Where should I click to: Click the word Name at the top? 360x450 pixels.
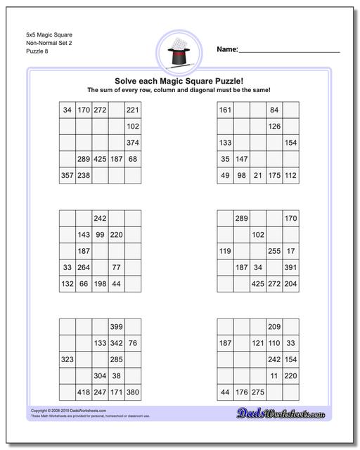tap(226, 49)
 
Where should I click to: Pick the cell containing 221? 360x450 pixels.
tap(132, 110)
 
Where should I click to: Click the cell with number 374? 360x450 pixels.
tap(132, 143)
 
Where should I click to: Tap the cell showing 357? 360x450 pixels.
tap(67, 175)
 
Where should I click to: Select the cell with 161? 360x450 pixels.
tap(225, 110)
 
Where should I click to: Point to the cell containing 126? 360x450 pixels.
tap(274, 127)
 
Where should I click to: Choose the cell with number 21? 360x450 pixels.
tap(257, 175)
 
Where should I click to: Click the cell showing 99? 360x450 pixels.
tap(100, 235)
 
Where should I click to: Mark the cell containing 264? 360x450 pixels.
tap(83, 267)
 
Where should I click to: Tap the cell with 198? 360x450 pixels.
tap(100, 283)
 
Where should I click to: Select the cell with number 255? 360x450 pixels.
tap(274, 251)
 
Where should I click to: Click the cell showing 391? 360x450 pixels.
tap(290, 267)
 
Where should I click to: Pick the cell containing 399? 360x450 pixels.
tap(116, 327)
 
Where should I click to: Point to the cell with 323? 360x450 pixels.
tap(67, 359)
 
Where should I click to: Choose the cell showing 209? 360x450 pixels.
tap(274, 327)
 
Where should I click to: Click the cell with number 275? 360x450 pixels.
tap(257, 392)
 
